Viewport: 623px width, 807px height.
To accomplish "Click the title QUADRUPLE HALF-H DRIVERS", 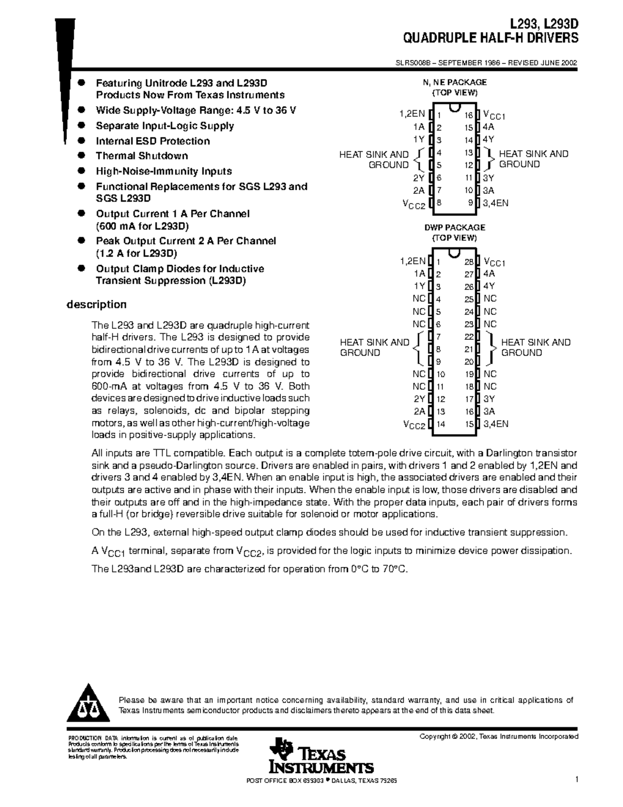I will coord(491,38).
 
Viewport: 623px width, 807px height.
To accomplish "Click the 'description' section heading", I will coord(96,305).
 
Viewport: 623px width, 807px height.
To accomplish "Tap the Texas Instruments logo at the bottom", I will coord(321,756).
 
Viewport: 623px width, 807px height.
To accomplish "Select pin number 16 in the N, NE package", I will coord(469,115).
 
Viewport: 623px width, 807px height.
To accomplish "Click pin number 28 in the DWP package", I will coord(469,262).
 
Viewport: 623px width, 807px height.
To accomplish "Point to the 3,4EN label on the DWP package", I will coord(496,424).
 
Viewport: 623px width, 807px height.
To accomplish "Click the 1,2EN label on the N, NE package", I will coord(412,114).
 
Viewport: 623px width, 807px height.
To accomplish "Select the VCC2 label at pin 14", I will coord(414,425).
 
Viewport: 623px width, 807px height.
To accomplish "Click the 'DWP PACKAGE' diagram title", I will coord(455,228).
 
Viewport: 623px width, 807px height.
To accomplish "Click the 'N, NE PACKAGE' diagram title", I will coord(455,82).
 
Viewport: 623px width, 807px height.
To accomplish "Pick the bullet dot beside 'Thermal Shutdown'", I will coord(81,155).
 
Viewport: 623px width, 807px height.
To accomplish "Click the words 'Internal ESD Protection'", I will coord(153,141).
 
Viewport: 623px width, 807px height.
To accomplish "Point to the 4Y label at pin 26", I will coord(489,286).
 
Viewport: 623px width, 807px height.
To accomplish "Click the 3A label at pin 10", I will coord(489,191).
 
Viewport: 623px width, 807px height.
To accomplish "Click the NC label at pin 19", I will coord(490,374).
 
